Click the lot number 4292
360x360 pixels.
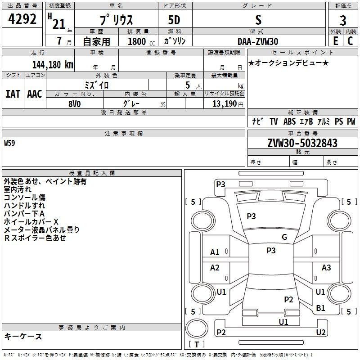(22, 19)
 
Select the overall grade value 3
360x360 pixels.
(343, 21)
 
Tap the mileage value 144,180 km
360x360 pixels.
(53, 65)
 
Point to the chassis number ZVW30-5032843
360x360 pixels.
(302, 143)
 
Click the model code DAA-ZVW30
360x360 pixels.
(258, 41)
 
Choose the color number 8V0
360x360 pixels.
(75, 104)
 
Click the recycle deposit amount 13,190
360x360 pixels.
(224, 104)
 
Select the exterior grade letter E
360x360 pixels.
(335, 41)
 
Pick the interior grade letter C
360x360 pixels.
(350, 41)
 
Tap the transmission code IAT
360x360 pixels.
(13, 94)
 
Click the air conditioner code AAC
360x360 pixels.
(35, 94)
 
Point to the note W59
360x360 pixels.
(9, 143)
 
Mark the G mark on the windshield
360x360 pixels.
(284, 237)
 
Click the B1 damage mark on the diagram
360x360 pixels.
(320, 308)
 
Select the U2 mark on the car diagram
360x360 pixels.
(321, 332)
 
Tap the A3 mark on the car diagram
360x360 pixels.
(326, 267)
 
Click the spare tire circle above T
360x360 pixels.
(197, 328)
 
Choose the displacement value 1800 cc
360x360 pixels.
(141, 41)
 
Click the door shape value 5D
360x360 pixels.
(174, 20)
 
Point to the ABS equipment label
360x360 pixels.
(289, 121)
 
